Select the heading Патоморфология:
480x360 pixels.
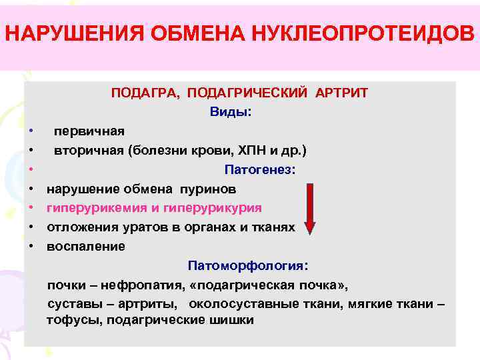pos(248,266)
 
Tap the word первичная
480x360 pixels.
pos(89,131)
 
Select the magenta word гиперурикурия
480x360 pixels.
pos(219,209)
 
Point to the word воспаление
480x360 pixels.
pos(85,247)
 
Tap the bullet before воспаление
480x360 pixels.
pos(31,247)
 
